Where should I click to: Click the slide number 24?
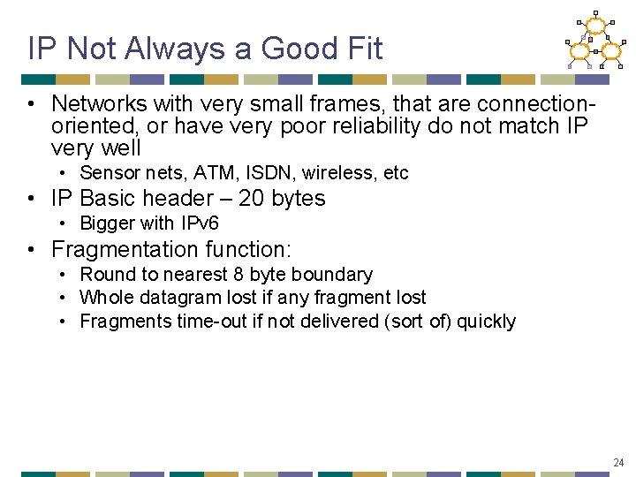pos(618,462)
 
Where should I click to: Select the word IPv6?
pos(195,223)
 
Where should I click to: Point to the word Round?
pos(104,275)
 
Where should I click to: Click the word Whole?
pos(105,298)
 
